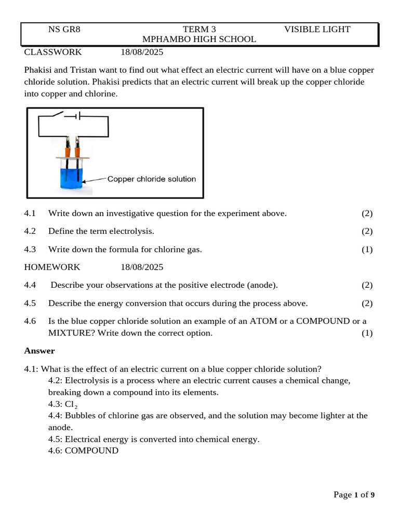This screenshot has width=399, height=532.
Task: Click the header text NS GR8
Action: pos(64,29)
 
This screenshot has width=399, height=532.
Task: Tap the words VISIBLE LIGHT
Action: pos(317,29)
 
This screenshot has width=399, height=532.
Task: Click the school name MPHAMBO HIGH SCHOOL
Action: pos(199,39)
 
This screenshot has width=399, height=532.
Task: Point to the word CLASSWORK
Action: pos(53,52)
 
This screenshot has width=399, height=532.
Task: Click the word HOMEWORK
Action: pos(52,267)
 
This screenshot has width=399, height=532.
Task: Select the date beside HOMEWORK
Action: pos(142,267)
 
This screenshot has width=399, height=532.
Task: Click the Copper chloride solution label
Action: pos(151,179)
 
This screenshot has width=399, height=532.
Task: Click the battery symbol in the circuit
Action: pos(76,116)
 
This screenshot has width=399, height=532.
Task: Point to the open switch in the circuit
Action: pos(56,114)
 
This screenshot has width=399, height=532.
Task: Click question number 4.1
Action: pos(30,214)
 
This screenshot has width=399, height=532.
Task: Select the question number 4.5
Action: pos(30,303)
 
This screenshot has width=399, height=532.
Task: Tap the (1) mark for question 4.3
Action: pos(367,249)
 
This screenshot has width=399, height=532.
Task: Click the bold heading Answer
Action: pos(39,351)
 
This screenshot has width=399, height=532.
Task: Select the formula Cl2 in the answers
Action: pos(71,404)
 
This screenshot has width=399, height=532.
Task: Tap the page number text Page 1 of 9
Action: pos(354,495)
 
